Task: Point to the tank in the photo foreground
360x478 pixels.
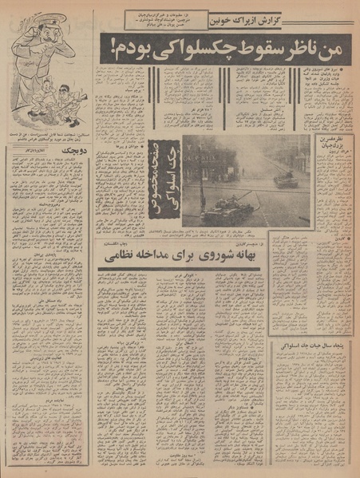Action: coord(227,211)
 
